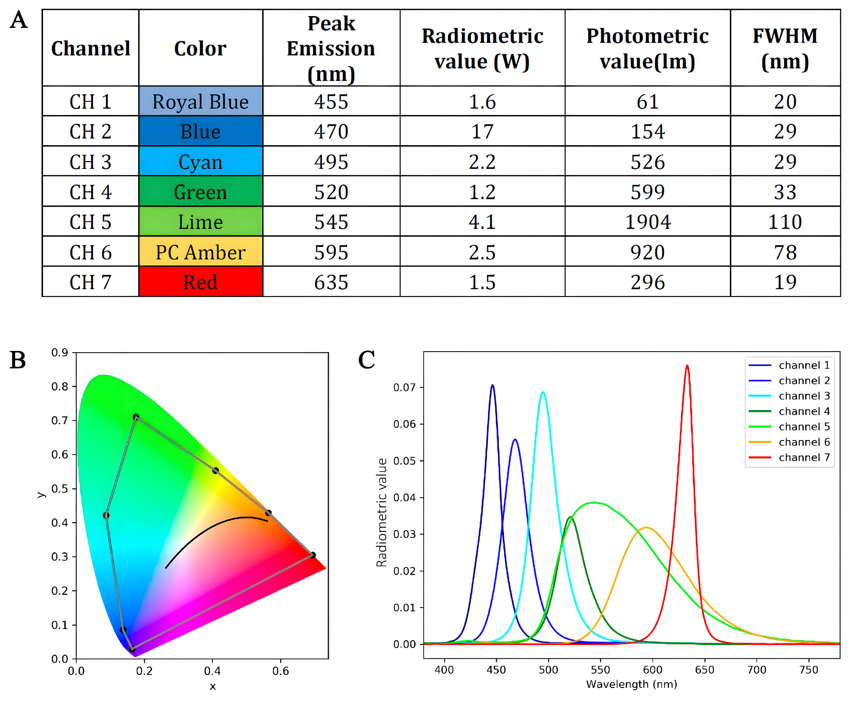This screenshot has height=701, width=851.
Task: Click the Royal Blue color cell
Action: (x=200, y=101)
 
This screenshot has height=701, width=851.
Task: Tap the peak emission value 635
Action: (x=331, y=282)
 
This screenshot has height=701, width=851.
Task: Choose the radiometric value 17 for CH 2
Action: (x=482, y=131)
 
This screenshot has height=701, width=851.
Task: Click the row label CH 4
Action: (x=90, y=192)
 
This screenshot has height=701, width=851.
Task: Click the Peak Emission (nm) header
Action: (x=331, y=48)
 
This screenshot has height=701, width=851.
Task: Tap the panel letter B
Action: (x=18, y=360)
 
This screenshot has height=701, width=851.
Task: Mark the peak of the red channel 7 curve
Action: (x=687, y=366)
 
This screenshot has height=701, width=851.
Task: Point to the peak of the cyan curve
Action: (x=543, y=392)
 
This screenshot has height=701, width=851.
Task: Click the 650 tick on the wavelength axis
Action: (x=704, y=670)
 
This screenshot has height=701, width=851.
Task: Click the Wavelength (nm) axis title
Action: (x=631, y=684)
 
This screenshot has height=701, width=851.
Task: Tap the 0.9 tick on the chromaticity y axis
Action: (x=60, y=352)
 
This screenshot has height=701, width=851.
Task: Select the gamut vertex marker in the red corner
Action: (x=312, y=555)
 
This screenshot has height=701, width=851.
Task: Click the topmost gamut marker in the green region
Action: (x=136, y=417)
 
